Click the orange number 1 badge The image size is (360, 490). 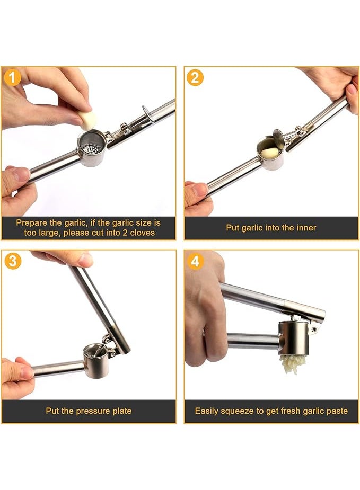click(12, 77)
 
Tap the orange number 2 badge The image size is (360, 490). click(195, 77)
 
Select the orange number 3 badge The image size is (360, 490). click(13, 261)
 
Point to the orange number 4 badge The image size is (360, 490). click(195, 261)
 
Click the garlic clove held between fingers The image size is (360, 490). click(88, 120)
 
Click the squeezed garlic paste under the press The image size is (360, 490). click(292, 364)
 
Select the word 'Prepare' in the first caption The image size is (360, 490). click(30, 223)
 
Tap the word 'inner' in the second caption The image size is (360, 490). click(305, 228)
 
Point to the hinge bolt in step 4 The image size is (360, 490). click(314, 329)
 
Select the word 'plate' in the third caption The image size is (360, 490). click(121, 411)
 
